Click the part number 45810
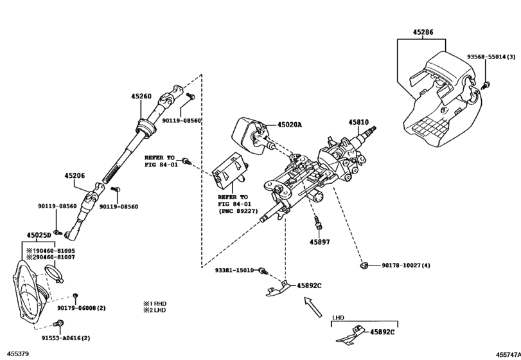359,122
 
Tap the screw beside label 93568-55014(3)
486,84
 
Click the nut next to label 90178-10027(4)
364,264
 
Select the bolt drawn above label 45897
317,223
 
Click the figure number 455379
19,354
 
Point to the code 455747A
506,354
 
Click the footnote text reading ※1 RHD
157,302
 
